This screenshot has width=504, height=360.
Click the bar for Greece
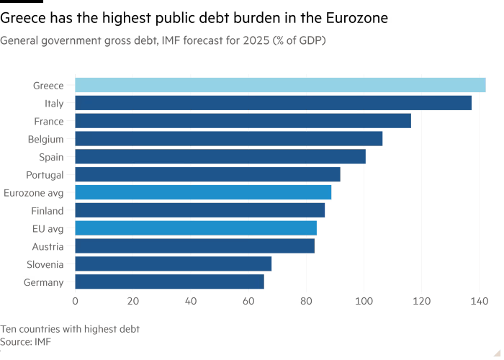280,85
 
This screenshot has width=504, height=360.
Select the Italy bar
274,103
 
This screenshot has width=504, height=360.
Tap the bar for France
243,121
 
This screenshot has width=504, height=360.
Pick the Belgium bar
229,139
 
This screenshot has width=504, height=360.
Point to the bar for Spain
220,157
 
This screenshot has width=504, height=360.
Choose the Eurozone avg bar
203,192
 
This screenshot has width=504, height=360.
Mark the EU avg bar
196,228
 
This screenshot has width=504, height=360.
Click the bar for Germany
169,282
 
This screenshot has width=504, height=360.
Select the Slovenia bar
174,264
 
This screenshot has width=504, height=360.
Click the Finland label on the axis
48,211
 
